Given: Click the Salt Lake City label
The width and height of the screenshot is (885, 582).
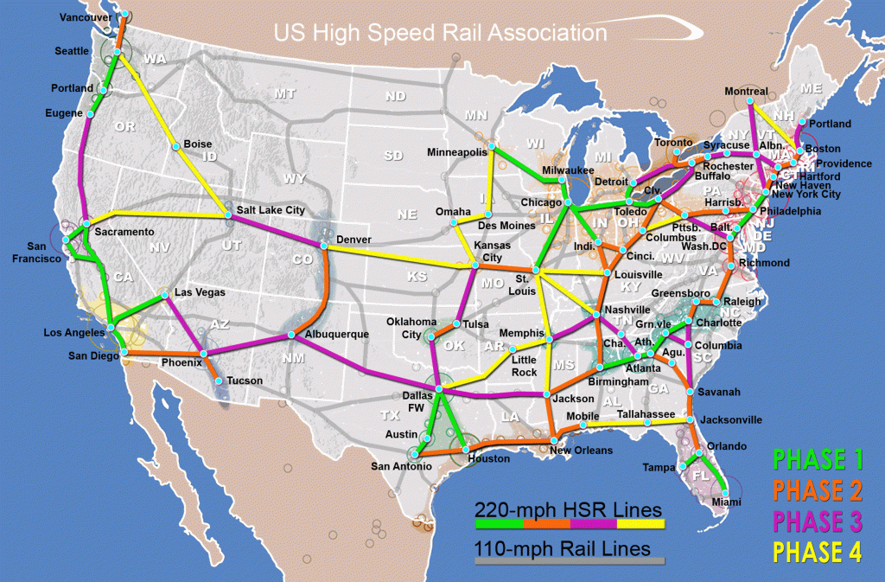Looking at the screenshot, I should point(271,210).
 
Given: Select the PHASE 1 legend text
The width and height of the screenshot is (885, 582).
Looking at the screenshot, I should point(817,458).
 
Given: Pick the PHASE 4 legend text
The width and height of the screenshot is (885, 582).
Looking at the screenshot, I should point(817,552).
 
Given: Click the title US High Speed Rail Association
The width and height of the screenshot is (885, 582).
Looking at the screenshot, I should point(440,34).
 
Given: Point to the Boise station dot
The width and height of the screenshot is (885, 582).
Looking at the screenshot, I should point(175,147).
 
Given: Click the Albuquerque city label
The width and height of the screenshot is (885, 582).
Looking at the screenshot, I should point(337,334).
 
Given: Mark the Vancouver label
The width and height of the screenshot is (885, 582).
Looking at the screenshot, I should point(86,17).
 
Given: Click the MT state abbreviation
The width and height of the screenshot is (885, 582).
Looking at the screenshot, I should point(284,93).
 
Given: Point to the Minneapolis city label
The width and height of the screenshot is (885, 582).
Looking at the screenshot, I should point(457,152).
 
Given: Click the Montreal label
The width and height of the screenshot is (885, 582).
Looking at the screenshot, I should point(746,91).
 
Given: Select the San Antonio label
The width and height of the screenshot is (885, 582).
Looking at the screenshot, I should point(401,467).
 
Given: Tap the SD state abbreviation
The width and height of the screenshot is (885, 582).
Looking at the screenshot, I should point(393,156).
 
